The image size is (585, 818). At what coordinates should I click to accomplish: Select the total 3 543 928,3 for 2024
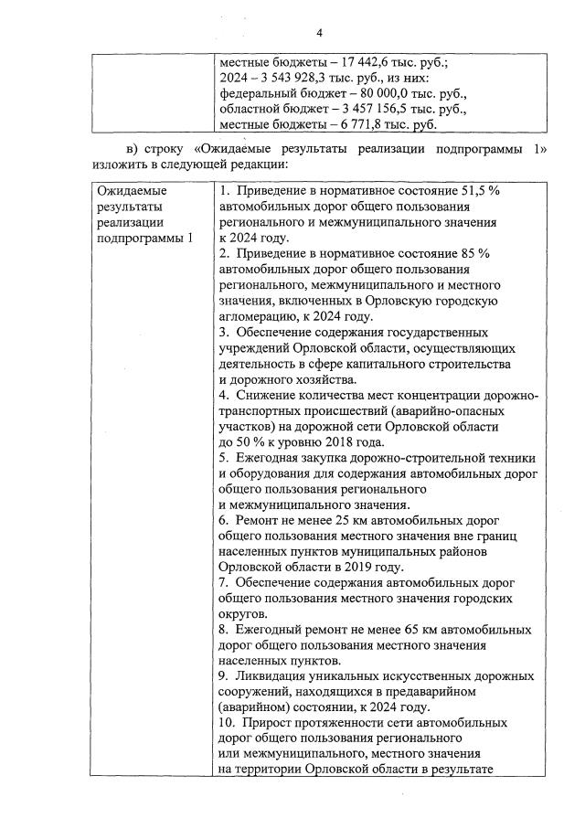(x=289, y=78)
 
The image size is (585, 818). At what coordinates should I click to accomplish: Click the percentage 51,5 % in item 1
(x=482, y=192)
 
